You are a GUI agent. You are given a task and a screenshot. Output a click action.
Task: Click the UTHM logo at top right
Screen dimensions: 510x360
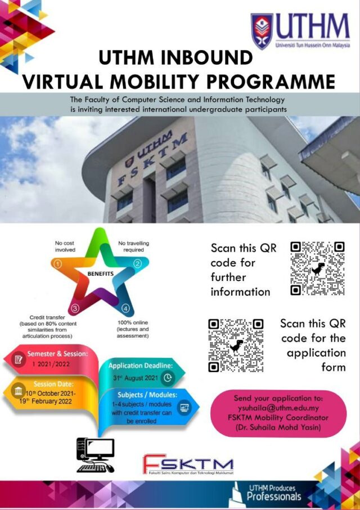click(301, 32)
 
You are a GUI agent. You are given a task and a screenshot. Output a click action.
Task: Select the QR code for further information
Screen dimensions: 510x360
click(317, 268)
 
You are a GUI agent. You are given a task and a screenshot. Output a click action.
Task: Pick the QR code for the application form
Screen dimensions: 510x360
click(236, 345)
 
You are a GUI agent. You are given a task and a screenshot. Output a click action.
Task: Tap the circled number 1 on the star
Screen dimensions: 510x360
click(56, 263)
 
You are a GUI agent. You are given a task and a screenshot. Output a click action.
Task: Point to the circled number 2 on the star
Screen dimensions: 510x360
click(137, 263)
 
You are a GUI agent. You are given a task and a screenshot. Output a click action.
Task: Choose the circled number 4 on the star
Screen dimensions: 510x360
click(125, 308)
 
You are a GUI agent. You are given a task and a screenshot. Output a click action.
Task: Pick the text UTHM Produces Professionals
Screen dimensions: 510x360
click(274, 493)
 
